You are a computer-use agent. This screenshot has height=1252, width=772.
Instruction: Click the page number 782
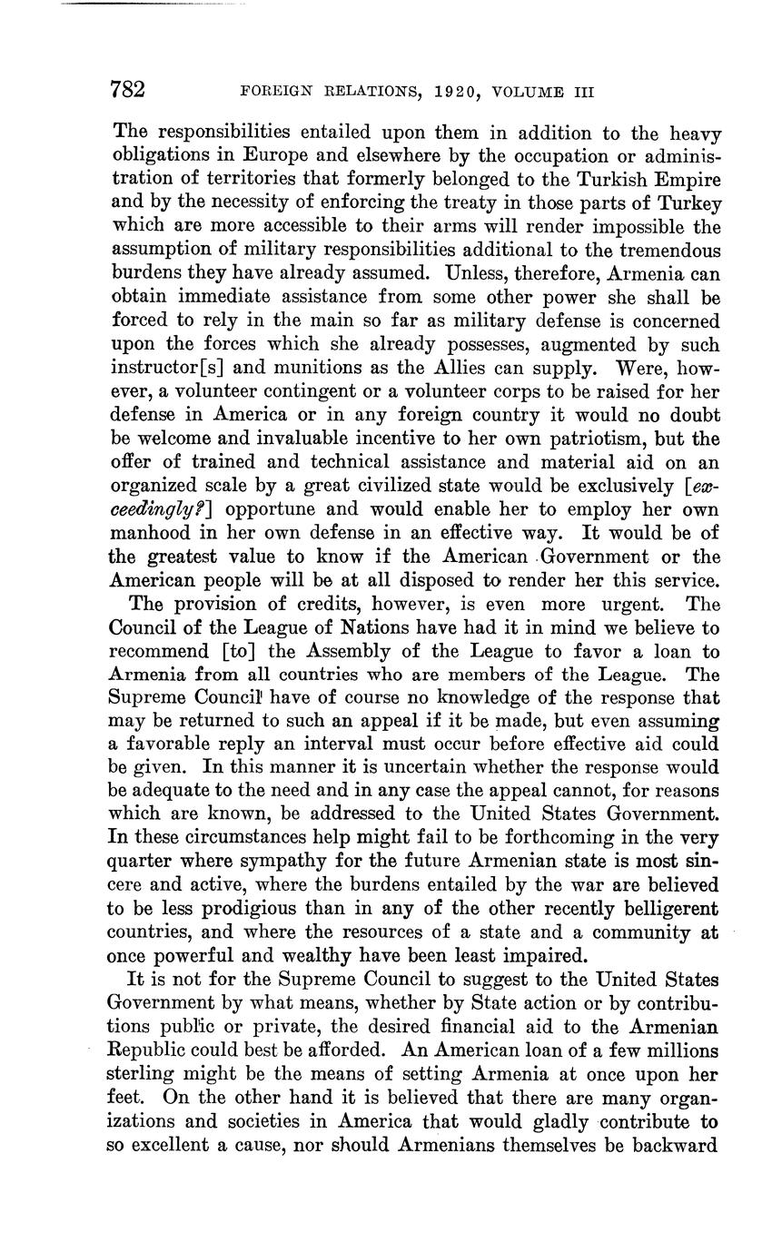pyautogui.click(x=127, y=90)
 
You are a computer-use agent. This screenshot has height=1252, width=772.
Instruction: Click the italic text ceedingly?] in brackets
pyautogui.click(x=156, y=510)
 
